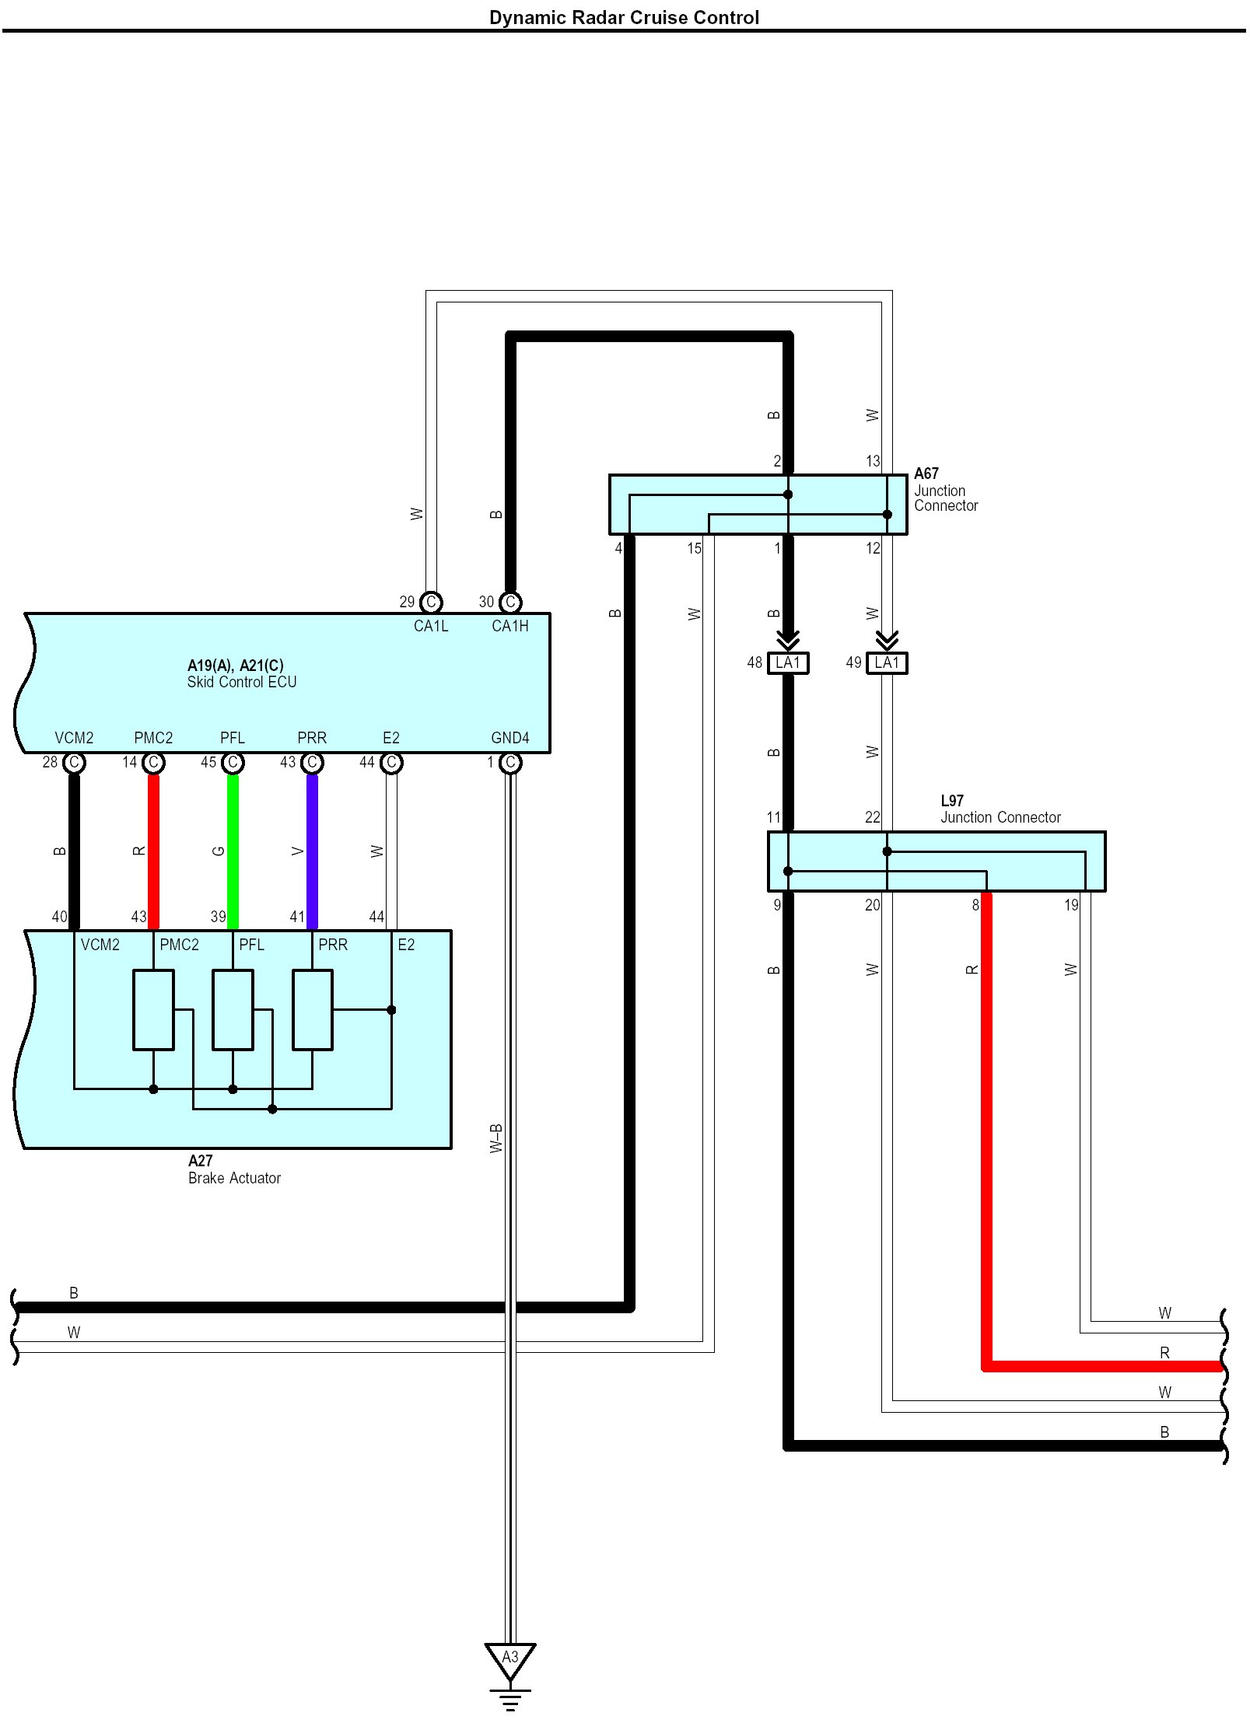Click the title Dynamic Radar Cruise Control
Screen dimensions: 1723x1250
point(624,17)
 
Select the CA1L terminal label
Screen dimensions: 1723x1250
point(431,626)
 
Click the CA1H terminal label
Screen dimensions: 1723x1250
point(510,626)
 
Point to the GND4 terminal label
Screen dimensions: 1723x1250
point(510,738)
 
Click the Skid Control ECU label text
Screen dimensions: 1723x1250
point(242,682)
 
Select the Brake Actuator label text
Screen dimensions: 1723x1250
point(234,1178)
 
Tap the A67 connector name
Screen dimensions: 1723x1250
point(926,474)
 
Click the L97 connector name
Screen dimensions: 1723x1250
point(952,801)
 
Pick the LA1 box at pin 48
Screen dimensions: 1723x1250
point(788,663)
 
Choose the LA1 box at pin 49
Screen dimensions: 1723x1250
point(887,663)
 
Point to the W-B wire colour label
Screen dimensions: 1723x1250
point(496,1138)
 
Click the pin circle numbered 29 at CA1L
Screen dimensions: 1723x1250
point(431,602)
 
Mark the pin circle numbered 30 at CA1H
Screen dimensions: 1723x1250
point(510,602)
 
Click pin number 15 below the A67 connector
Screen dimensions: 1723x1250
point(694,548)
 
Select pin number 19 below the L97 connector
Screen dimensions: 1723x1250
point(1071,905)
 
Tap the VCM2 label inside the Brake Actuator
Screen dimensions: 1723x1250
point(100,945)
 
